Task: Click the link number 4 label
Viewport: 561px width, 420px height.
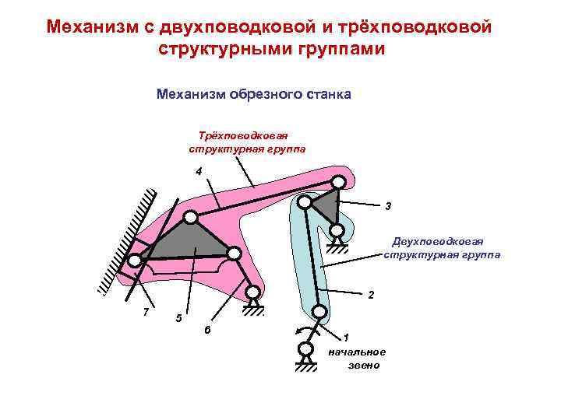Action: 199,171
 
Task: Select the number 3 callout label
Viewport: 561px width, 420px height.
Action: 387,206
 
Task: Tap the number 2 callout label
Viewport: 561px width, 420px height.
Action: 371,296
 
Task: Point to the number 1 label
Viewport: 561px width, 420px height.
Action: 347,337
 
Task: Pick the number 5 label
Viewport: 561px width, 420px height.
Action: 179,318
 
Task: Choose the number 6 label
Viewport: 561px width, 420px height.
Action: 207,331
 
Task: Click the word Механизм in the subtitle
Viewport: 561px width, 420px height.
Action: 190,95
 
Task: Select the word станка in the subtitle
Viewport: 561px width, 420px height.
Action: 328,95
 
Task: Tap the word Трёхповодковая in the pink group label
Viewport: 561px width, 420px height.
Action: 244,136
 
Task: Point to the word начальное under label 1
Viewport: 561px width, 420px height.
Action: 357,352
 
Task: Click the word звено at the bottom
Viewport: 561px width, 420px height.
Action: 364,365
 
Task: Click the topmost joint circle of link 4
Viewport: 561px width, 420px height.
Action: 338,181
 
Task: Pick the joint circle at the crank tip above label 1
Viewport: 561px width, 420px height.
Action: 319,311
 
